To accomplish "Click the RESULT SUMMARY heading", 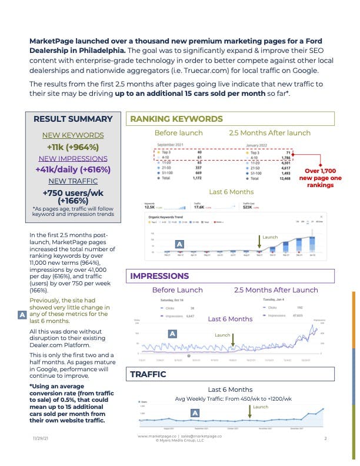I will (x=73, y=119).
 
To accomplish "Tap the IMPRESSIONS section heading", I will (x=159, y=275).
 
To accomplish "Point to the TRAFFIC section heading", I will (x=148, y=374).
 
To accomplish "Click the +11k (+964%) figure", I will (x=72, y=147).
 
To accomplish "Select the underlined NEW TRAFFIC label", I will (x=72, y=181).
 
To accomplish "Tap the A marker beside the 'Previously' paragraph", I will (x=22, y=315).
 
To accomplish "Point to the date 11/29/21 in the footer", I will (x=41, y=439).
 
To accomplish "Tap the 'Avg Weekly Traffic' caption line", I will (x=233, y=398).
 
